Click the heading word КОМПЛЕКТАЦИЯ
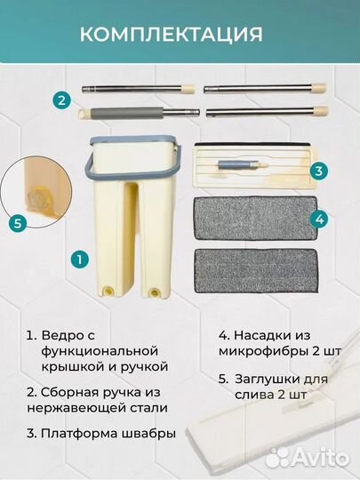(x=171, y=35)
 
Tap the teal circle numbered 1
(x=79, y=260)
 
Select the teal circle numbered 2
(x=61, y=101)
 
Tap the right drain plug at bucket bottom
(x=156, y=292)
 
